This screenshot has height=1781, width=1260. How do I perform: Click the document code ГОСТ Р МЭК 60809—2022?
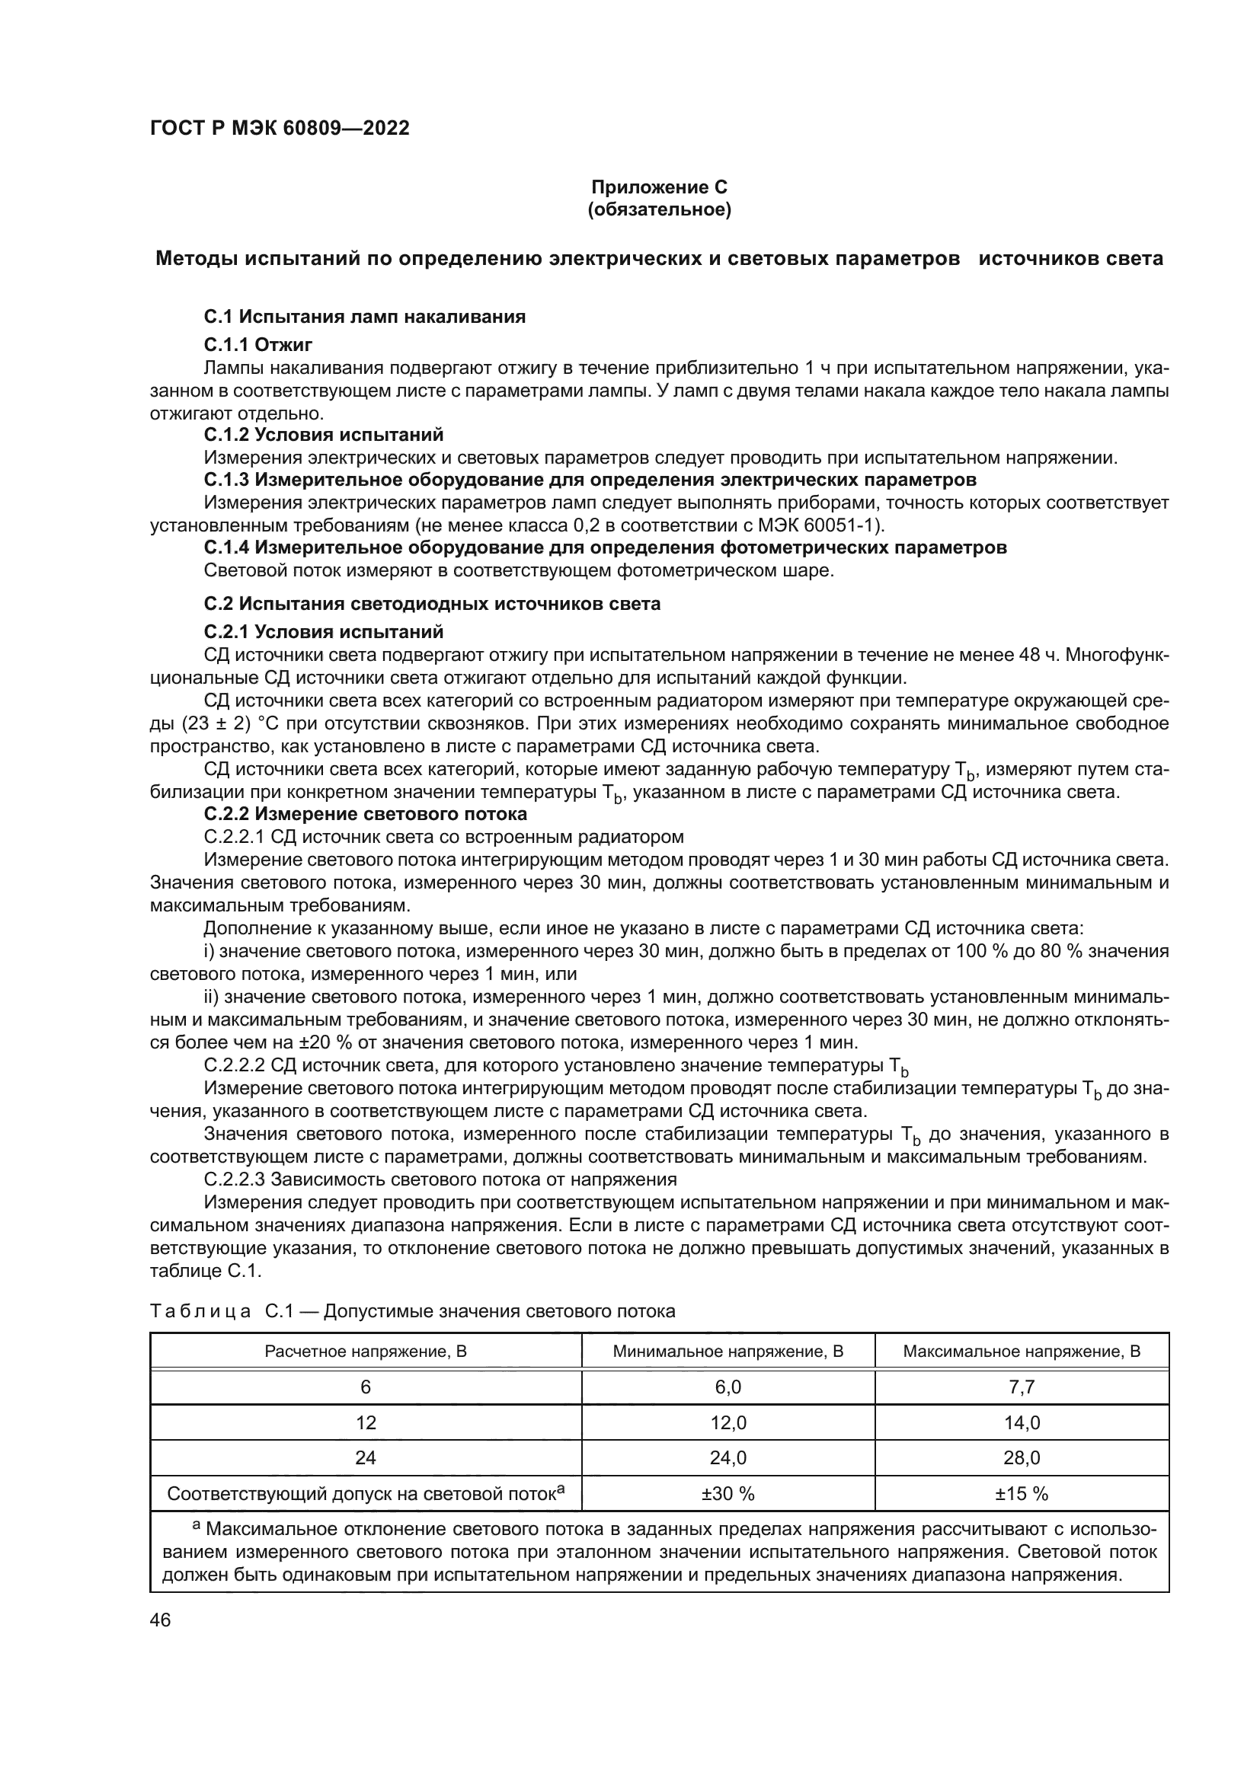pyautogui.click(x=280, y=128)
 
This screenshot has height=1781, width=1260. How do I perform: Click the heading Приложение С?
pyautogui.click(x=659, y=187)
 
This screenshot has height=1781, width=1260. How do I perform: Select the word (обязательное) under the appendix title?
pyautogui.click(x=659, y=210)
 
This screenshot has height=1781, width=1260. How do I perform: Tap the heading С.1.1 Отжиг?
pyautogui.click(x=258, y=344)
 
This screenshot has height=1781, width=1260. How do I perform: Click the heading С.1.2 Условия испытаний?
pyautogui.click(x=324, y=434)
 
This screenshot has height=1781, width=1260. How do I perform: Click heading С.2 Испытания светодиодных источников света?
pyautogui.click(x=432, y=604)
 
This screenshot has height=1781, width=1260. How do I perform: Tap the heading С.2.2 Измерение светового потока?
pyautogui.click(x=366, y=814)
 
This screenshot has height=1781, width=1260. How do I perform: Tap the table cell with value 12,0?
pyautogui.click(x=728, y=1422)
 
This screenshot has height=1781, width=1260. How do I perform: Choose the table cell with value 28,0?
pyautogui.click(x=1021, y=1458)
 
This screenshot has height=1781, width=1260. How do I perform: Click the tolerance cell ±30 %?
pyautogui.click(x=728, y=1494)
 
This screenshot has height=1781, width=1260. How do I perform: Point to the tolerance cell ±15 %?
pyautogui.click(x=1021, y=1494)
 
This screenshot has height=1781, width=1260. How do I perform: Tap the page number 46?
pyautogui.click(x=161, y=1620)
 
